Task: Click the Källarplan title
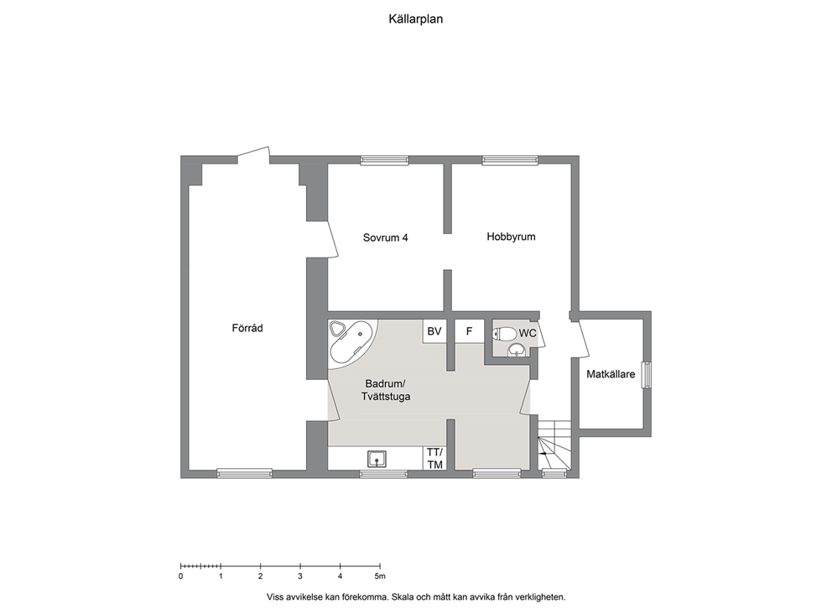coord(415,19)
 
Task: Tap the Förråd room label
coord(247,328)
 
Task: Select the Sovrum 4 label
coord(385,237)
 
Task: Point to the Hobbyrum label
coord(511,237)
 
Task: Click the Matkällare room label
coord(611,374)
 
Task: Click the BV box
coord(434,331)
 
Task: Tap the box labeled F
coord(469,331)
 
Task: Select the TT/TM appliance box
coord(434,458)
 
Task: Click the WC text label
coord(528,333)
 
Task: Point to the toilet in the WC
coord(505,334)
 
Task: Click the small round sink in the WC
coord(517,350)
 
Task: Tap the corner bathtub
coord(352,343)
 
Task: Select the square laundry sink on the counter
coord(377,459)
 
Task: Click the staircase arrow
coord(543,454)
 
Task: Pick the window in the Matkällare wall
coord(647,375)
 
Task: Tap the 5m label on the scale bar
coord(379,576)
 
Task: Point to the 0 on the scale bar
coord(181,576)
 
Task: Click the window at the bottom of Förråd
coord(245,473)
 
